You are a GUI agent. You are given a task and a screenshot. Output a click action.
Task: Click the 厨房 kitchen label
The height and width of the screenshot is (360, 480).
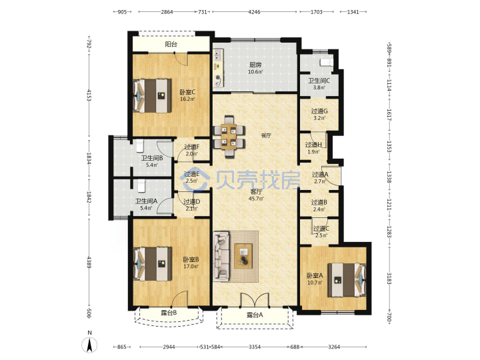point(255,65)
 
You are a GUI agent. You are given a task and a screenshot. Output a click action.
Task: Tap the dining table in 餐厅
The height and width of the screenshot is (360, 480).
point(229,137)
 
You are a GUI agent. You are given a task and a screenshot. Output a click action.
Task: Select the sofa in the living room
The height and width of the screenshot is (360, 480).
point(221,257)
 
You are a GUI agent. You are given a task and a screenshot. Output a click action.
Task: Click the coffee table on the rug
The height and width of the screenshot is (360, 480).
point(244,256)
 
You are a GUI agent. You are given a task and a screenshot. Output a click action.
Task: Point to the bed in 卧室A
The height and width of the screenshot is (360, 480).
point(347,280)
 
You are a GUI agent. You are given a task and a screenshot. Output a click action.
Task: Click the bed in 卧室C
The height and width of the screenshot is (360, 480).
point(153,96)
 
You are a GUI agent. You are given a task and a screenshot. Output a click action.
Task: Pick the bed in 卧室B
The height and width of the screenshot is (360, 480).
point(153,263)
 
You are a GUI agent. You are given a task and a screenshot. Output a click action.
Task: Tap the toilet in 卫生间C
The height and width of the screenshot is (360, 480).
point(326,63)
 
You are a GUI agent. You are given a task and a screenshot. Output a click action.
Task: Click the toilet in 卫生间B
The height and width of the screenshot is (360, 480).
point(140,146)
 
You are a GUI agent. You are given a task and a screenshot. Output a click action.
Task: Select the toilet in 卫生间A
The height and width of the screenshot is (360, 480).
point(141,186)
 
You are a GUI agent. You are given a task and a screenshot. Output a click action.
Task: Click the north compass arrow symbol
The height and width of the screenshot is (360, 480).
point(89,345)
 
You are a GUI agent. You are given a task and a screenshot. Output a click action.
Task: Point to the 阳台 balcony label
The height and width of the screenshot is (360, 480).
point(171,44)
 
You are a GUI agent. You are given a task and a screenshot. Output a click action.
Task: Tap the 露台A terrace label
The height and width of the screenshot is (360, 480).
point(255,315)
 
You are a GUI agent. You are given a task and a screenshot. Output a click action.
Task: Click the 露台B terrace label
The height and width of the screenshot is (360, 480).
point(169,313)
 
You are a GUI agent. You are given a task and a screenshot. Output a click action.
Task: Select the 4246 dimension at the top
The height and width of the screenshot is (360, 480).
point(255,12)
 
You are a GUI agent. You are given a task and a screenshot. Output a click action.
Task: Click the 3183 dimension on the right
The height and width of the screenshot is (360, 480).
point(389,278)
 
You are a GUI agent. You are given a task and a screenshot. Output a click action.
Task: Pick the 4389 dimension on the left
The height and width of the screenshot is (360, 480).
point(89,263)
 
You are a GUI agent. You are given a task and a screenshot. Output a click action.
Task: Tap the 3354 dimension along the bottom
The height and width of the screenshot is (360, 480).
point(255,347)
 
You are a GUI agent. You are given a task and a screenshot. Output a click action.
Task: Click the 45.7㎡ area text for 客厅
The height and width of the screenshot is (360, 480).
point(256,199)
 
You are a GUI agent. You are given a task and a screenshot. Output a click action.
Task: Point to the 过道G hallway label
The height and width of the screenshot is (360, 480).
point(319,111)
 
